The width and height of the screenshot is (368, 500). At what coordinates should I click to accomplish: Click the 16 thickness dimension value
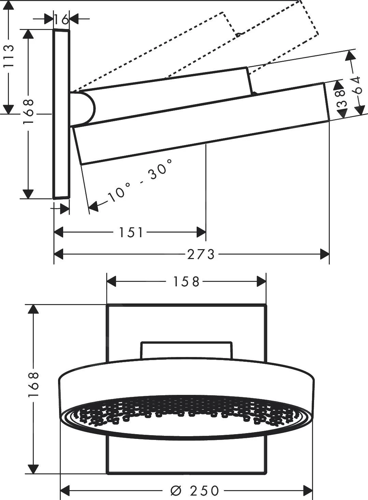(x=61, y=20)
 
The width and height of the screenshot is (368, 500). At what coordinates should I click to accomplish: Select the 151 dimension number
(x=131, y=233)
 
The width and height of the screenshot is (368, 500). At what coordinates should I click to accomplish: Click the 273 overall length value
(x=201, y=254)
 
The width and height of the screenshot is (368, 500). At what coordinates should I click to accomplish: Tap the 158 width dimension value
(x=186, y=282)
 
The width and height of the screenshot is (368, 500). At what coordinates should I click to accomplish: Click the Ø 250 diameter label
(x=195, y=491)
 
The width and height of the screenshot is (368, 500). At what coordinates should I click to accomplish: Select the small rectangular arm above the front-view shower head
(x=186, y=350)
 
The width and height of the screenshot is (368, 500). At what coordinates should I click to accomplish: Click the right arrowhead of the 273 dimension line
(x=325, y=254)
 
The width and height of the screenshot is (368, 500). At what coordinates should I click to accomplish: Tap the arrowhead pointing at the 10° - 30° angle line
(x=93, y=206)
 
